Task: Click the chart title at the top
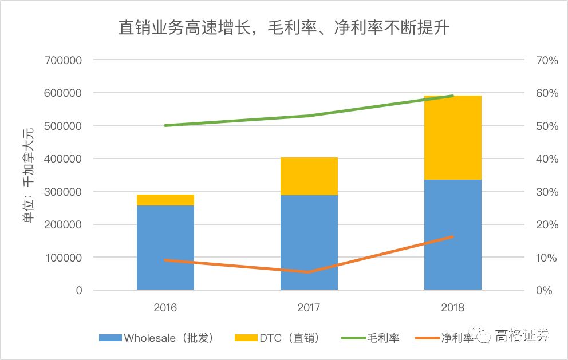(x=283, y=27)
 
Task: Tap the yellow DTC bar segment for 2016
(x=165, y=200)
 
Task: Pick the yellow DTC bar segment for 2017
(x=309, y=176)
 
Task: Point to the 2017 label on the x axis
(x=309, y=307)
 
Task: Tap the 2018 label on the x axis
(x=452, y=307)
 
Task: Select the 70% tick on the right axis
(x=546, y=60)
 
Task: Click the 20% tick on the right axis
(x=546, y=225)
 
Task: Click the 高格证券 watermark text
(x=522, y=335)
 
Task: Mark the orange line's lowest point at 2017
(x=309, y=272)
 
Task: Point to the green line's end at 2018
(x=452, y=96)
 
